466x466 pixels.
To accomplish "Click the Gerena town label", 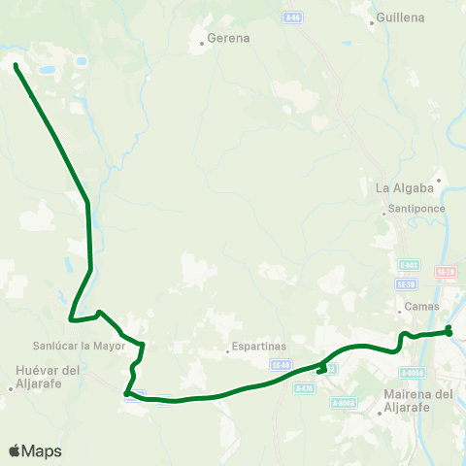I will tap(228, 39).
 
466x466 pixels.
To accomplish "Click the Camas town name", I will tap(422, 308).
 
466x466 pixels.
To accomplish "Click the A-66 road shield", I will tap(292, 17).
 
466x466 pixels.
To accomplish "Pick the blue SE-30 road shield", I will tap(408, 283).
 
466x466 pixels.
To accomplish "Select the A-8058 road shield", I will tap(412, 372).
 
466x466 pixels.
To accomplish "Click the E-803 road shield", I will tap(408, 264).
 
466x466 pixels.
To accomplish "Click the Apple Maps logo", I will tap(35, 450).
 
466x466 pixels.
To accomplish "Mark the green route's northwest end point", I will tap(17, 66).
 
